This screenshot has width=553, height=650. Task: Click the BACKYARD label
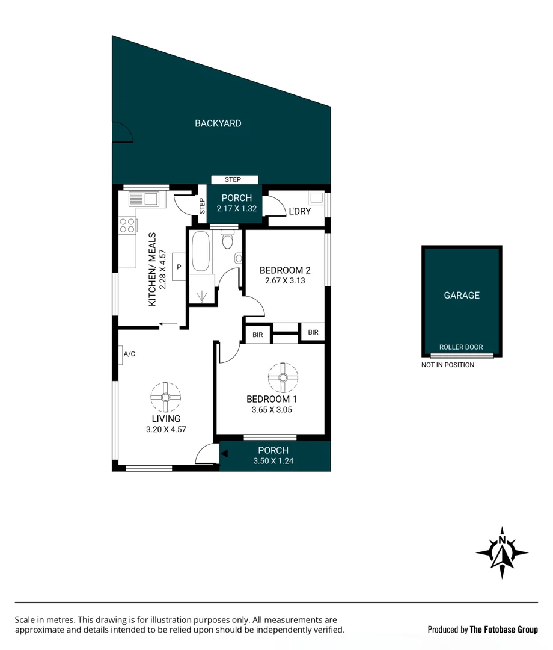218,123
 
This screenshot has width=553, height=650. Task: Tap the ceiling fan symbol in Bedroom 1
282,377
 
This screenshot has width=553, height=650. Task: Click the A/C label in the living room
129,354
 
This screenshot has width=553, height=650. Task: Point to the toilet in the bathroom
227,241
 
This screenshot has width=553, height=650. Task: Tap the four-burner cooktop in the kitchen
127,225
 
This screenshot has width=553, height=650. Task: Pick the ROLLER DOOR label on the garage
461,347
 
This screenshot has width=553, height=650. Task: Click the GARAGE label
462,296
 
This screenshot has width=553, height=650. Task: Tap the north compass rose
502,552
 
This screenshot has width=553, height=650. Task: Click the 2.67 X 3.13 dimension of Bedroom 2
285,280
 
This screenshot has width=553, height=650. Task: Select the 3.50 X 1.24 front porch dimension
273,462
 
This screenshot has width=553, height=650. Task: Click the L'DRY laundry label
299,212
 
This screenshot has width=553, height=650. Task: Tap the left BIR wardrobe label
257,335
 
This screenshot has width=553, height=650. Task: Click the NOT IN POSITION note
448,365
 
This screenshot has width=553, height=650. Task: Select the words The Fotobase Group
504,630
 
